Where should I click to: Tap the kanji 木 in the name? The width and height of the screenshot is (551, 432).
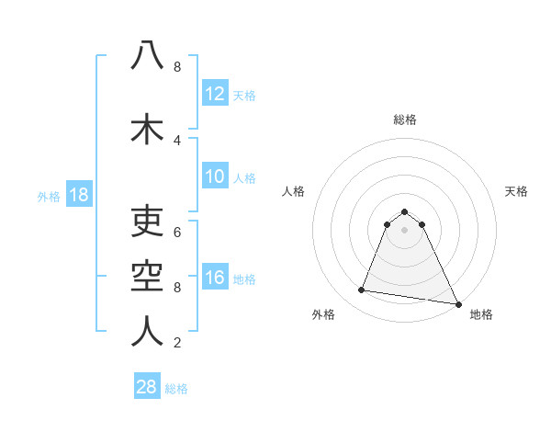coord(147,129)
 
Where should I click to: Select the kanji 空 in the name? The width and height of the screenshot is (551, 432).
coord(147,273)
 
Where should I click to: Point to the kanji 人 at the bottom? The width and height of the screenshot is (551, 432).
coord(147,331)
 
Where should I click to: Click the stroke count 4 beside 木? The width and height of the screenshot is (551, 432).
coord(177,140)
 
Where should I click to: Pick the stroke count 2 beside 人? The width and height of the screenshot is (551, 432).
coord(177,343)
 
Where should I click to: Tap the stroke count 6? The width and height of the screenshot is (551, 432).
coord(177,232)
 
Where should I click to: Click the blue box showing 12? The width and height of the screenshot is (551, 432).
coord(215,95)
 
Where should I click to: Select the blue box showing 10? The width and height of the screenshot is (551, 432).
coord(215,177)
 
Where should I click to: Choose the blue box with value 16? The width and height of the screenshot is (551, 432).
coord(215,279)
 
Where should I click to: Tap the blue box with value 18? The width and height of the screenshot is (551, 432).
coord(78,196)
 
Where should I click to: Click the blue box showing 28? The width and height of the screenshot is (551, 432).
coord(147,387)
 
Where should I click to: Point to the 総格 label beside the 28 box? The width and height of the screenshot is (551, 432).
coord(176,389)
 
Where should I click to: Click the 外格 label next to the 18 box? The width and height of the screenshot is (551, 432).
coord(49,197)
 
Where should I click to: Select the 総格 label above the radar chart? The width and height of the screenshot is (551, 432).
coord(405,119)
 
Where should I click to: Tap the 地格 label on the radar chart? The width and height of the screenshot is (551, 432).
coord(481,315)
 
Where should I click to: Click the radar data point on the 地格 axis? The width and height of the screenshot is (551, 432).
coord(456,303)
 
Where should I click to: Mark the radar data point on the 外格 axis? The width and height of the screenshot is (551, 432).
coord(362,290)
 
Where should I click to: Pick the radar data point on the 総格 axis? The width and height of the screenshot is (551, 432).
coord(405,211)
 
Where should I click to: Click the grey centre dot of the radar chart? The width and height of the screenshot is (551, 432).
coord(405,230)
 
